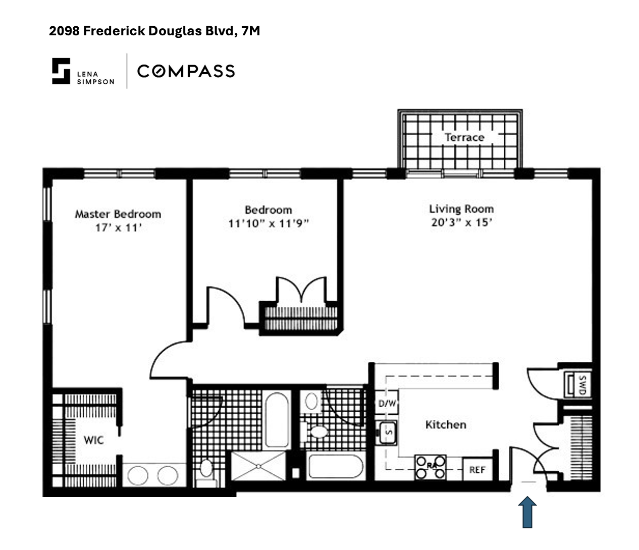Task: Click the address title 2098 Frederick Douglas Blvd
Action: point(154,31)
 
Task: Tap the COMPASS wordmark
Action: point(186,71)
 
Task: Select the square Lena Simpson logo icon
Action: point(61,71)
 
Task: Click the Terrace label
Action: point(464,137)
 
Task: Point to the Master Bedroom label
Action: point(118,214)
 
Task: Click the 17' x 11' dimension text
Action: point(118,228)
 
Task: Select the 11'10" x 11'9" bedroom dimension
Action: point(268,224)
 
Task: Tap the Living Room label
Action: point(461,209)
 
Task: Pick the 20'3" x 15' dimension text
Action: point(461,223)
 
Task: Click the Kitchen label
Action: point(446,425)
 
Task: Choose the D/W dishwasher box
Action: point(387,404)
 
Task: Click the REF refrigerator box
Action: point(477,470)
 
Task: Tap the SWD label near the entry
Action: point(582,385)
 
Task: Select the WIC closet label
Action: point(93,440)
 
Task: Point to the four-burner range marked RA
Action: point(431,467)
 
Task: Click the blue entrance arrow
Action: point(527,512)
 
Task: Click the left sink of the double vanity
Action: point(137,475)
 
